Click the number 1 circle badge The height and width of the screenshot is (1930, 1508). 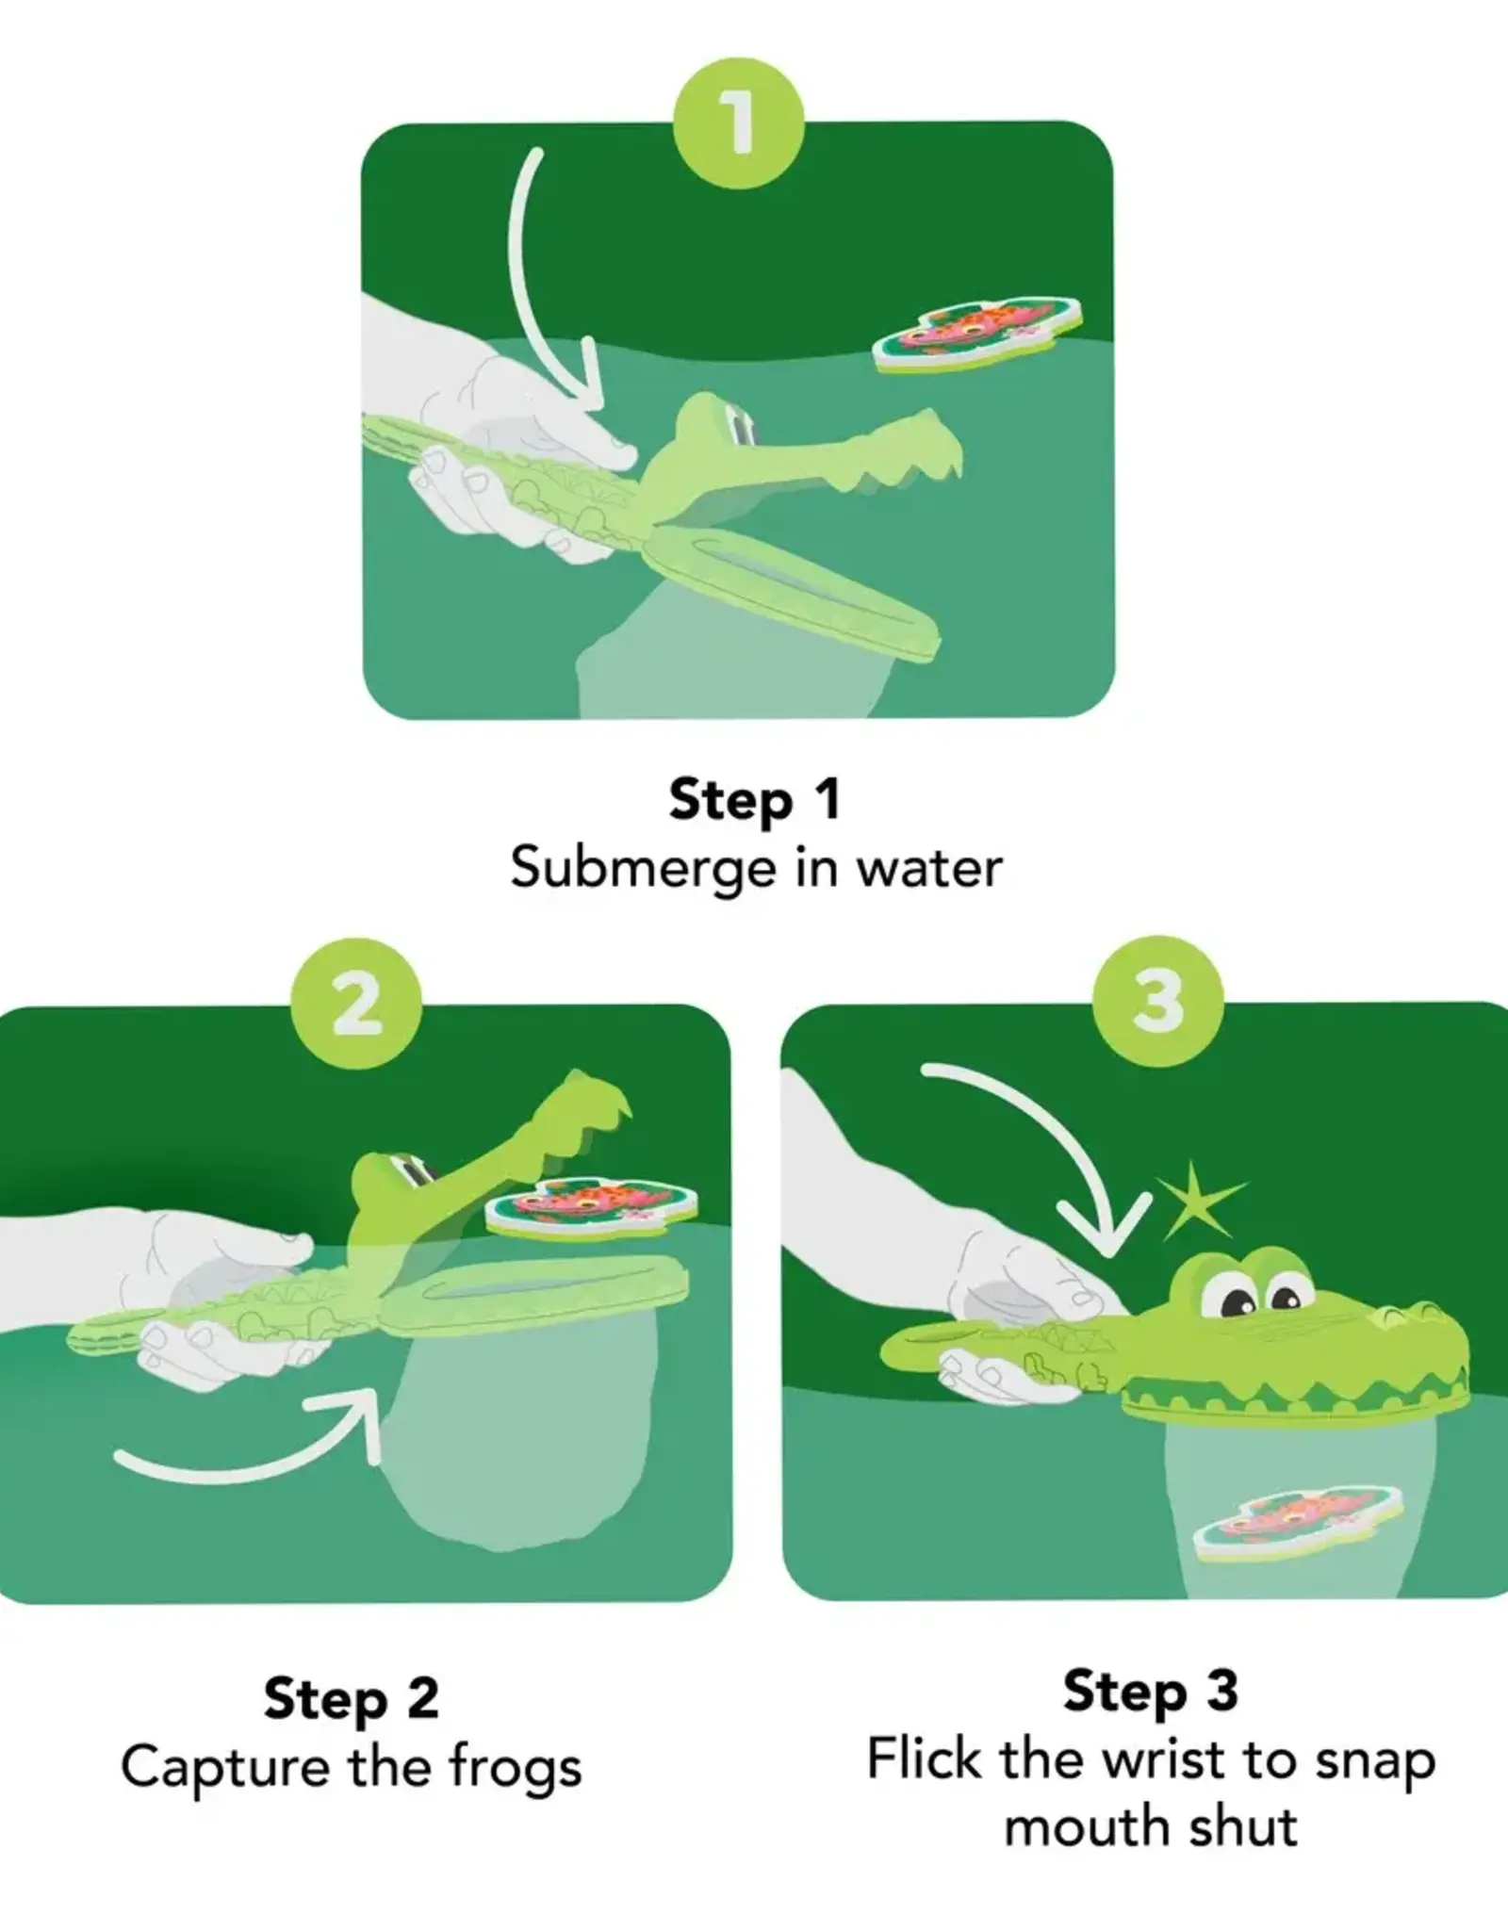pyautogui.click(x=738, y=124)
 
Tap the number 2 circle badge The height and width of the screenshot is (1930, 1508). pyautogui.click(x=355, y=1003)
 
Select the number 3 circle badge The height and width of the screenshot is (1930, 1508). pyautogui.click(x=1158, y=1001)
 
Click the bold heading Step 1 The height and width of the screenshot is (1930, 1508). pyautogui.click(x=754, y=800)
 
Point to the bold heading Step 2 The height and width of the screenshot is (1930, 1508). pyautogui.click(x=352, y=1699)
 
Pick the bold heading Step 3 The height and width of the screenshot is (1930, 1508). pyautogui.click(x=1151, y=1691)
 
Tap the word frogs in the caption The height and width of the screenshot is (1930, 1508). pyautogui.click(x=515, y=1766)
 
